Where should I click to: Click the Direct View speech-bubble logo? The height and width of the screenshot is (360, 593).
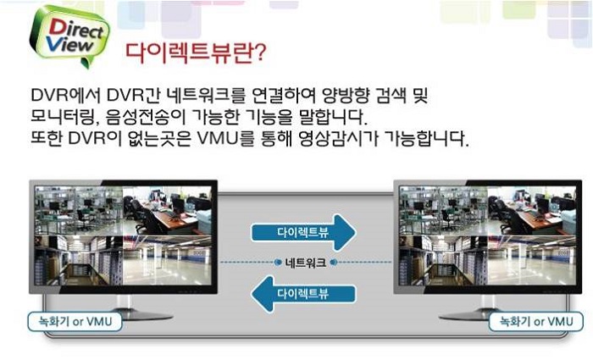click(x=69, y=36)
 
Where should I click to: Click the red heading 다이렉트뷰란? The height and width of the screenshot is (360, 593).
click(x=196, y=53)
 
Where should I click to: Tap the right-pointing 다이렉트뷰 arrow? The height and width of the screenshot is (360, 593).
click(x=303, y=233)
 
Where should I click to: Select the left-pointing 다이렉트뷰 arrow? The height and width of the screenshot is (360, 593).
click(x=303, y=294)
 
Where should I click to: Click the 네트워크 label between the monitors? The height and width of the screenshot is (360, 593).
click(x=306, y=262)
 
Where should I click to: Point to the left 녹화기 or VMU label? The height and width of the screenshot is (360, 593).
click(x=75, y=322)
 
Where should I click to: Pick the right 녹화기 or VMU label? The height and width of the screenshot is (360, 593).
click(x=536, y=322)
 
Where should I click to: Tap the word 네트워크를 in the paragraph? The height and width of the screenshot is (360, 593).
click(x=206, y=95)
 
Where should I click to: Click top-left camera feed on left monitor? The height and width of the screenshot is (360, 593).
click(x=79, y=211)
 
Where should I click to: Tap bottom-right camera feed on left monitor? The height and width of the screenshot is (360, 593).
click(x=167, y=261)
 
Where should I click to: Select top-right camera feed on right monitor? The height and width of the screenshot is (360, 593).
click(x=532, y=211)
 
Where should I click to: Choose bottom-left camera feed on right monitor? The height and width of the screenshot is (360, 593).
click(x=444, y=261)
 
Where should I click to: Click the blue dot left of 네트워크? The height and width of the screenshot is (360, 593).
click(x=278, y=262)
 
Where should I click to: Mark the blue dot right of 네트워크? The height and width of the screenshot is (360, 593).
click(x=334, y=262)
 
